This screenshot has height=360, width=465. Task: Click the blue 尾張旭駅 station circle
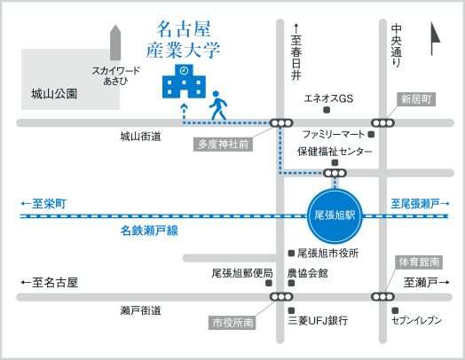click(335, 215)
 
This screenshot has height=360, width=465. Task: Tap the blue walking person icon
click(218, 106)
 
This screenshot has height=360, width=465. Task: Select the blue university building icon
click(184, 81)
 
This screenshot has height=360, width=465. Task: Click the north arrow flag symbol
click(435, 38)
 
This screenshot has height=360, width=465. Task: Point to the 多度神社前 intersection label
click(223, 145)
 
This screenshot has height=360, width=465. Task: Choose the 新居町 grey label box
click(416, 99)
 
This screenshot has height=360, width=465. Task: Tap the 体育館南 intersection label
click(419, 262)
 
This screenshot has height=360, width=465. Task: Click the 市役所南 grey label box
click(232, 323)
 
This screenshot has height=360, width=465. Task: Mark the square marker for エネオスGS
click(327, 110)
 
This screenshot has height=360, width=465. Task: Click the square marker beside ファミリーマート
click(371, 135)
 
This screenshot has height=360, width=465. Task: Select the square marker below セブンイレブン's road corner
click(395, 310)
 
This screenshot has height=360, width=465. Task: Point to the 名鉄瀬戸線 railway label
click(149, 231)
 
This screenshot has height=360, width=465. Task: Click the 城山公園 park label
click(54, 94)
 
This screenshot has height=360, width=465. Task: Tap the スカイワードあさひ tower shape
click(115, 43)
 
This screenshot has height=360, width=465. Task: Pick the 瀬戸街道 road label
click(140, 310)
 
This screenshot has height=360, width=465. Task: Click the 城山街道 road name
click(140, 137)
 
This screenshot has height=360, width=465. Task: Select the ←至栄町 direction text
click(43, 204)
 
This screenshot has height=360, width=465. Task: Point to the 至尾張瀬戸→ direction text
click(421, 204)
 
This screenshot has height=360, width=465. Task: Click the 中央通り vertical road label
click(396, 46)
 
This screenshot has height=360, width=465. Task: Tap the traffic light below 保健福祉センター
click(335, 173)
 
